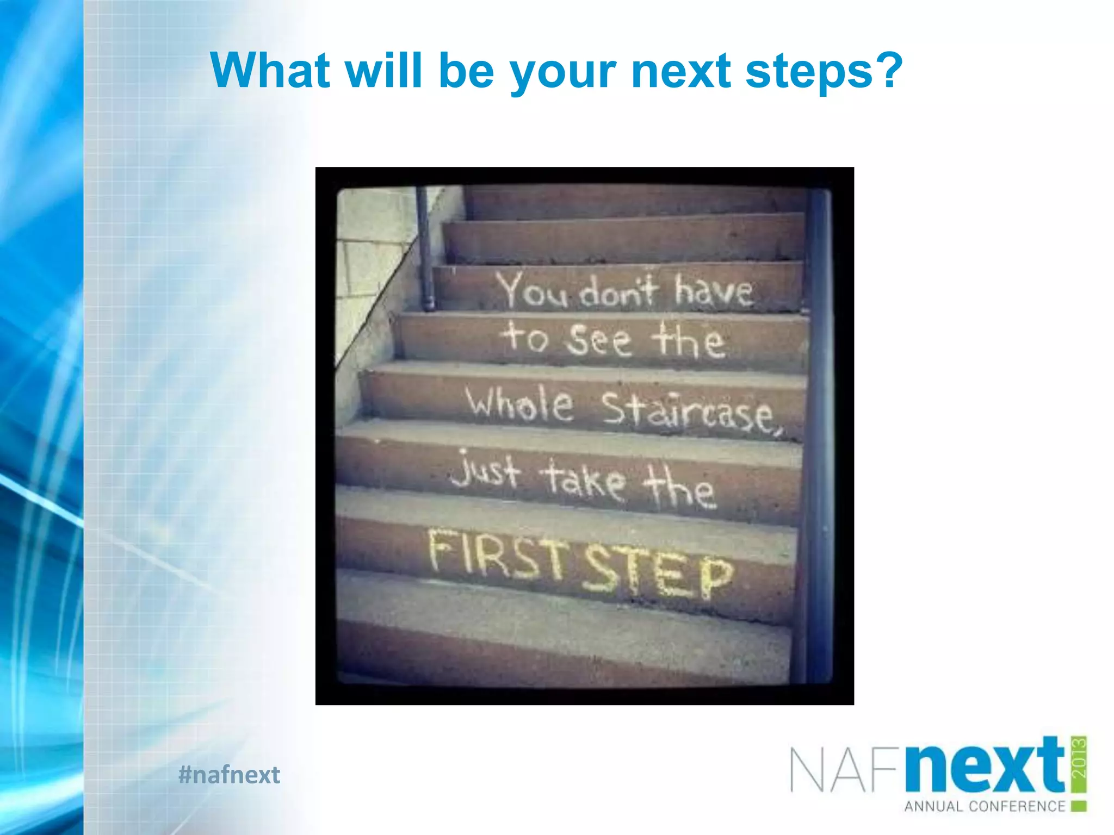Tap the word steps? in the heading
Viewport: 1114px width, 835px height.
click(824, 72)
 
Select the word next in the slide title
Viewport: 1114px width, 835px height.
click(681, 71)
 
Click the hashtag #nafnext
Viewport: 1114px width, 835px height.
click(229, 774)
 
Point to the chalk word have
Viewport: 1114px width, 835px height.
click(714, 291)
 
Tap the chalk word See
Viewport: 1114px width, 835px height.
click(598, 339)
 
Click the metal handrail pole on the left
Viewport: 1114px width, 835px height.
click(425, 247)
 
